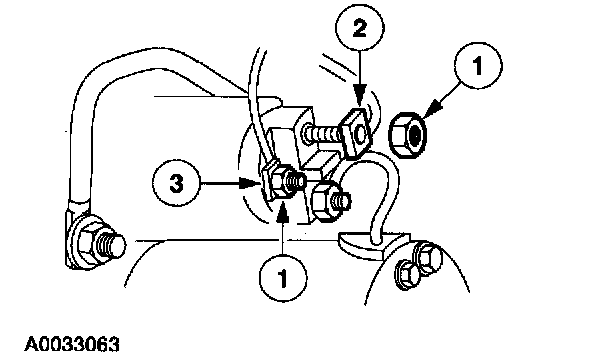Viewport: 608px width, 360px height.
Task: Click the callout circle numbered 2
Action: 360,29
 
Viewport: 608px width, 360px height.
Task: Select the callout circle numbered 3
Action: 177,183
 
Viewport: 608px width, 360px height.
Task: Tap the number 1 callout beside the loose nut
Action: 478,66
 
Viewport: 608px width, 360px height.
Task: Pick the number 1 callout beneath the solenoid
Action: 283,278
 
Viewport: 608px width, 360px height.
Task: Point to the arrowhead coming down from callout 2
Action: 359,98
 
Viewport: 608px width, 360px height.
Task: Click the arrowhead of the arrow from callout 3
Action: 249,183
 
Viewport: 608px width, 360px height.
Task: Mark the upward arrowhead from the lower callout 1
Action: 283,211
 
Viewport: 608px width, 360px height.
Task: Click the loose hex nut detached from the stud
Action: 408,135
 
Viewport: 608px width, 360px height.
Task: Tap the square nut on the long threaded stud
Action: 355,132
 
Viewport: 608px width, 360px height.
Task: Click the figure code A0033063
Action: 72,344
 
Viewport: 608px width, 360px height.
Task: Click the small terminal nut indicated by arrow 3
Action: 279,182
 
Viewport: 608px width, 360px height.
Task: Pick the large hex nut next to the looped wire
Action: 325,202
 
